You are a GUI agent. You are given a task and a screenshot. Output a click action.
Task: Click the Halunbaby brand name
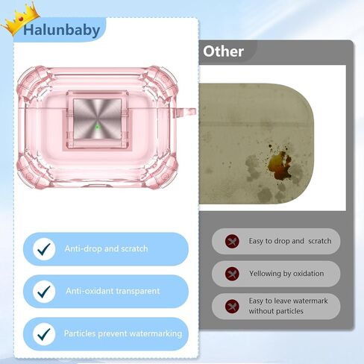(x=62, y=31)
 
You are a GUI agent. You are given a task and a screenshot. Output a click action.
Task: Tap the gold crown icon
(x=20, y=19)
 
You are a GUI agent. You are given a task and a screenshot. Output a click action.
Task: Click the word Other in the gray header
(x=223, y=51)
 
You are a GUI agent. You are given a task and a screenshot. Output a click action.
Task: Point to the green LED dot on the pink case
(x=97, y=127)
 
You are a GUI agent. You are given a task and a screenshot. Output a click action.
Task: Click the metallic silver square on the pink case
(x=98, y=119)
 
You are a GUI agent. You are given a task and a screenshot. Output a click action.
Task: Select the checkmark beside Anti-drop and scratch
(x=44, y=249)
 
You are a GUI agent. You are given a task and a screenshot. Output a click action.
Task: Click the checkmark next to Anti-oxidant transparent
(x=44, y=292)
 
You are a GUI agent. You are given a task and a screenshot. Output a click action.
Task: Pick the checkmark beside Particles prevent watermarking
(x=44, y=334)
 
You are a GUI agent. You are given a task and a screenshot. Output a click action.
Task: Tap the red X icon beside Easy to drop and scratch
(x=232, y=241)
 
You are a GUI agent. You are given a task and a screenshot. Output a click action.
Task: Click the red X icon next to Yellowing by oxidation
(x=232, y=274)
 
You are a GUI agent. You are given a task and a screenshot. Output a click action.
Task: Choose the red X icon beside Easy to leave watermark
(x=232, y=307)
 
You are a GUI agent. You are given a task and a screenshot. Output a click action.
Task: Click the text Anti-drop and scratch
(x=106, y=248)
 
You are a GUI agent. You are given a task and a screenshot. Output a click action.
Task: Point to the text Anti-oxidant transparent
(x=113, y=291)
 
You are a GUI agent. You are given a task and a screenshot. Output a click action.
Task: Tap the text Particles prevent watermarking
(x=123, y=333)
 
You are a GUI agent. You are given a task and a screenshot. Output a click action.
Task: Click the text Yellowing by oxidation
(x=286, y=274)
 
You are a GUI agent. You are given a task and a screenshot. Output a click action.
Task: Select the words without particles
(x=276, y=311)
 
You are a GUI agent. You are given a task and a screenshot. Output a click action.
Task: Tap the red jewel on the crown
(x=21, y=19)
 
